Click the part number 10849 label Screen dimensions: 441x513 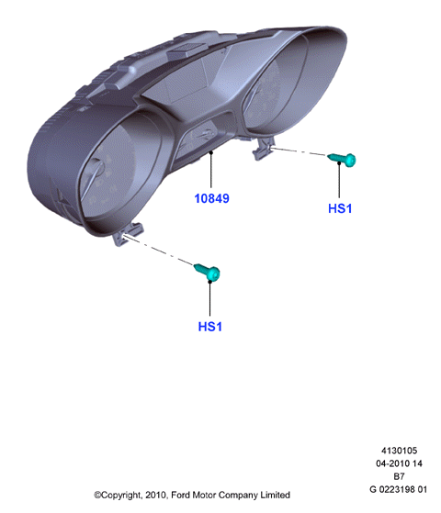point(211,198)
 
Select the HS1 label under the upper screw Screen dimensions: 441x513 point(340,208)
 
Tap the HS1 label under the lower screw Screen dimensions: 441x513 point(210,327)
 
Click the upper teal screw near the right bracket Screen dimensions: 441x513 point(342,160)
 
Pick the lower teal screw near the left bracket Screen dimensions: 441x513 point(208,273)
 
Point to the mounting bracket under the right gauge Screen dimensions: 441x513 point(263,148)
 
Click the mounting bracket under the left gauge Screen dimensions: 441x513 point(128,233)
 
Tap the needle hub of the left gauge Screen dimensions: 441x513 point(97,166)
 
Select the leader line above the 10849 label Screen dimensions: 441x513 point(211,170)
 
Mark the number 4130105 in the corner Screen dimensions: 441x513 point(399,451)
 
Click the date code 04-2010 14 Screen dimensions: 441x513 point(399,463)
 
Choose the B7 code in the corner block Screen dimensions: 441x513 point(399,476)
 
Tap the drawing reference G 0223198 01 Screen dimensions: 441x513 point(399,489)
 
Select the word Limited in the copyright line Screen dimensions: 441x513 point(276,495)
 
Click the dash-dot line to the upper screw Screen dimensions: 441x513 point(299,151)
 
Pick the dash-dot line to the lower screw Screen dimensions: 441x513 point(158,250)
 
